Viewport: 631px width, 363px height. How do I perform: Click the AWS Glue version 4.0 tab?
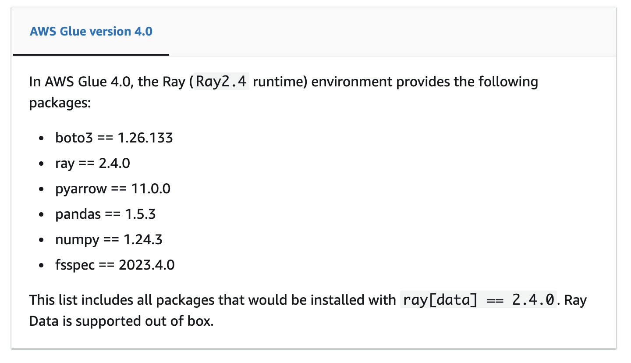[91, 32]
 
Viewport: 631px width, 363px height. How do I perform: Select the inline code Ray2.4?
[222, 82]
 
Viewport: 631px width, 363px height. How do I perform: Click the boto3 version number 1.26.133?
[145, 138]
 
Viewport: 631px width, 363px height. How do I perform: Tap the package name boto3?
[74, 138]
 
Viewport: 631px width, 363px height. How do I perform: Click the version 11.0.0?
[151, 189]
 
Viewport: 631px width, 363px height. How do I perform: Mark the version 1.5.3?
[140, 214]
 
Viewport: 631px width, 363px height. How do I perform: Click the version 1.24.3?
[143, 239]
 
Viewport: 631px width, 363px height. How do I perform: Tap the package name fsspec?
[75, 265]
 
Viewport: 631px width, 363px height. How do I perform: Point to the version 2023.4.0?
[146, 265]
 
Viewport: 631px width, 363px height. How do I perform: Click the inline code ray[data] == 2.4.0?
[479, 300]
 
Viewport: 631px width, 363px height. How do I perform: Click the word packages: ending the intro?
[60, 103]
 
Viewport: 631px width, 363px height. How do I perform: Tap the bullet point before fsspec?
[42, 265]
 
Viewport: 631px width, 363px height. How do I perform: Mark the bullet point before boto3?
[42, 139]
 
